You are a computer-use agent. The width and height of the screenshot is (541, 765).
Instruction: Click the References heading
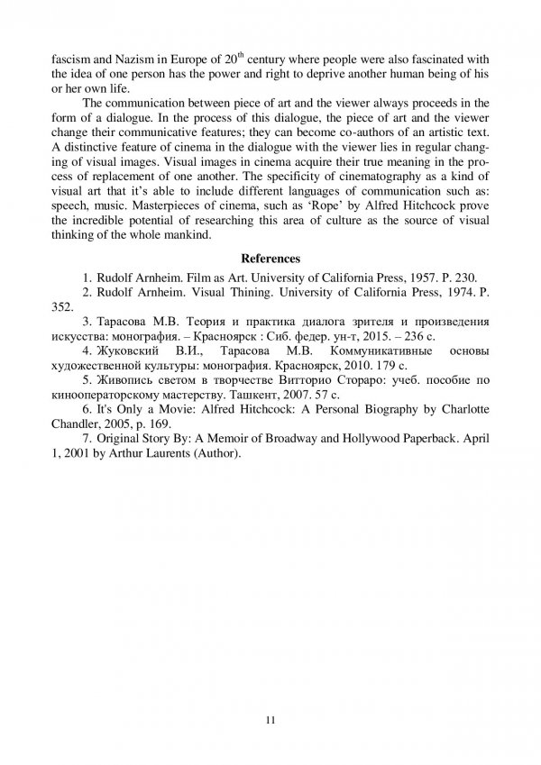270,259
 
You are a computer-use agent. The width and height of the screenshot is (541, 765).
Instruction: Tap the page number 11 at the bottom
270,720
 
